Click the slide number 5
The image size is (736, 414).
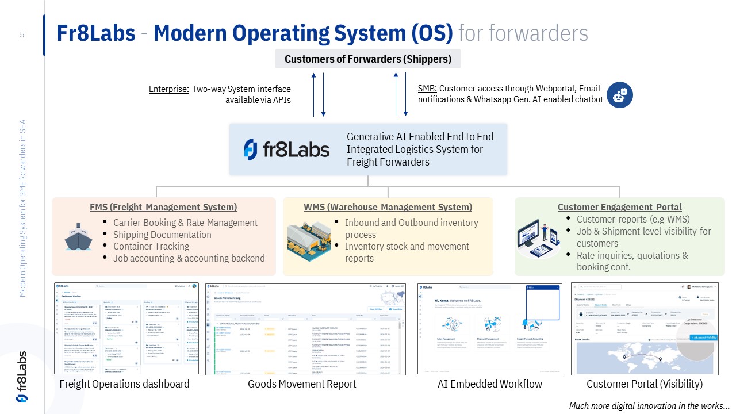pos(22,34)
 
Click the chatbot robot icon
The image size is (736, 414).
pos(619,95)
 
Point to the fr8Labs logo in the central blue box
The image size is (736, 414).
pos(286,149)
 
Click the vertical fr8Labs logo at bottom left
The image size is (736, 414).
pos(21,377)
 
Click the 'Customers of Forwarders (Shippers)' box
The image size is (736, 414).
pos(368,59)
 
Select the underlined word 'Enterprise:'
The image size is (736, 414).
pos(169,89)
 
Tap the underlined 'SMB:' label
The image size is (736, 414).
pos(427,89)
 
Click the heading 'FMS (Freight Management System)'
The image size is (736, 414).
pos(163,207)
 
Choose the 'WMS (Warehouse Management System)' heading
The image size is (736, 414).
pos(388,207)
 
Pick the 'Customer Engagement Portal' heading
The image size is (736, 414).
pos(619,207)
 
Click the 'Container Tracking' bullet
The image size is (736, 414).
pos(151,246)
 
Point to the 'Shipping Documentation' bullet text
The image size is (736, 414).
pos(162,235)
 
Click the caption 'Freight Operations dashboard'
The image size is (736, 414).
pos(124,384)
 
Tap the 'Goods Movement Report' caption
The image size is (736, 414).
pos(302,384)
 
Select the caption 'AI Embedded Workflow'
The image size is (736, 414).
pos(489,384)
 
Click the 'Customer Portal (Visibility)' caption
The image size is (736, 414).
pos(644,384)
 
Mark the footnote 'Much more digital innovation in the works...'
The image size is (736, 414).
pos(649,405)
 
